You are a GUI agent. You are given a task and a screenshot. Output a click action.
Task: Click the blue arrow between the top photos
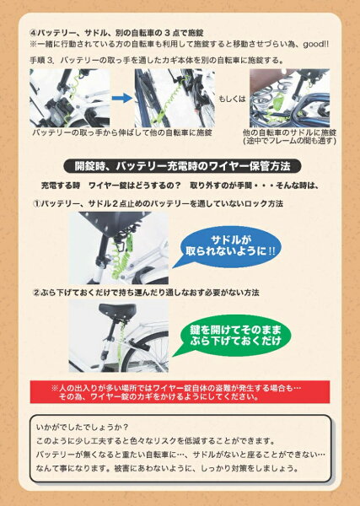click(122, 98)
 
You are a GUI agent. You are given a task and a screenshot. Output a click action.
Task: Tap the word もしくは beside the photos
click(232, 99)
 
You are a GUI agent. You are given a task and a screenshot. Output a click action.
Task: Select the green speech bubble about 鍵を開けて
click(233, 336)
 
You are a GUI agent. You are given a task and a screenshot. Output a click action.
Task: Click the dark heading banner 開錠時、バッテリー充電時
click(183, 166)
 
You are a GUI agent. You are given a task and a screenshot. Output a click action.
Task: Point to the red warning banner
click(180, 392)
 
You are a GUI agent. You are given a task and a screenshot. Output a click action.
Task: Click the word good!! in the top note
click(316, 44)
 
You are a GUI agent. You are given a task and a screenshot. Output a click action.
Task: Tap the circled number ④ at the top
click(33, 33)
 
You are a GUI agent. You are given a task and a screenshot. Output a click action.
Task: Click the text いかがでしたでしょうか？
click(83, 427)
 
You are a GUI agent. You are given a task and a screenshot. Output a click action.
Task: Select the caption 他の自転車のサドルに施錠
click(290, 132)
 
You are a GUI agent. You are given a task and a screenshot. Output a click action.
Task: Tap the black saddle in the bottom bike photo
click(117, 310)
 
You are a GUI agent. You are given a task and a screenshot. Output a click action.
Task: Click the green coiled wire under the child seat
click(122, 258)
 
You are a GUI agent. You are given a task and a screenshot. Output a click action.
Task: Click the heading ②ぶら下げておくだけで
click(146, 293)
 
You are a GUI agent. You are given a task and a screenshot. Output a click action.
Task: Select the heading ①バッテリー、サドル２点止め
click(158, 203)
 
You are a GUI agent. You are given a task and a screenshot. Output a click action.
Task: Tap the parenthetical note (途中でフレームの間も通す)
click(290, 141)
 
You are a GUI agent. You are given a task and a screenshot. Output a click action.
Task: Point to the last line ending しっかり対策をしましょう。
click(168, 467)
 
